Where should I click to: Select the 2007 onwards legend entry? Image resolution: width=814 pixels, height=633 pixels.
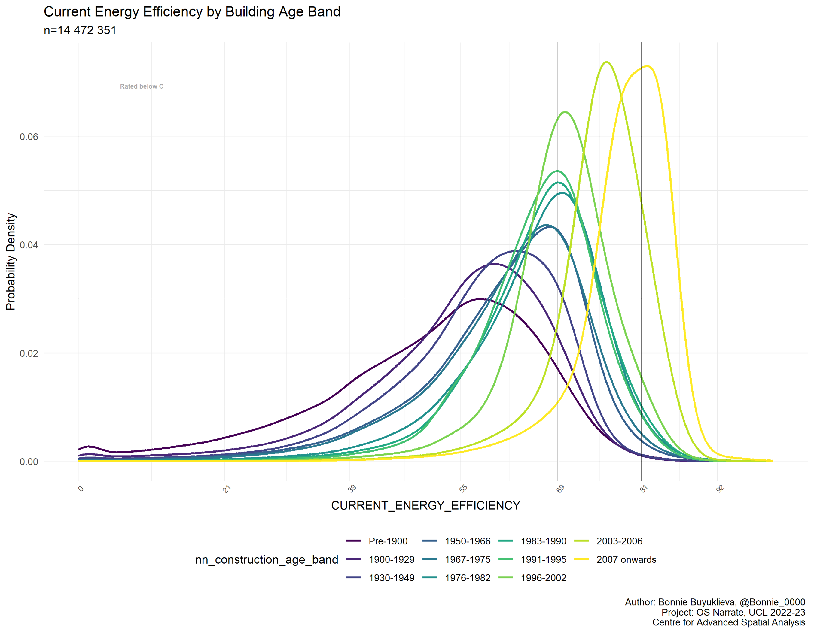[x=626, y=560]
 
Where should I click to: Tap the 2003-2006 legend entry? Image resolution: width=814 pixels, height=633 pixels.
[x=619, y=541]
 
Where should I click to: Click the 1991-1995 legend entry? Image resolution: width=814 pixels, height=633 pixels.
[x=543, y=560]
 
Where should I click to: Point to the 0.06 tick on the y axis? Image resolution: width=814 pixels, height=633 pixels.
[x=29, y=136]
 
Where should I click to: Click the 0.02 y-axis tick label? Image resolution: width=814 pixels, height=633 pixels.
[x=29, y=353]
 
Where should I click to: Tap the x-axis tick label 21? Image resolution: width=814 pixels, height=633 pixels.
[x=226, y=489]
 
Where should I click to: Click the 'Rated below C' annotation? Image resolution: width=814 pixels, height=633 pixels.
[x=142, y=86]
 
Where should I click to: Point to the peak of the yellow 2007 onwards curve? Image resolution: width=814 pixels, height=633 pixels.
[x=648, y=66]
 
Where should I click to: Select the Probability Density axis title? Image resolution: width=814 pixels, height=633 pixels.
[x=11, y=261]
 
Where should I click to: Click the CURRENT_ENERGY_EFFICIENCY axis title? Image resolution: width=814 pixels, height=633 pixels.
[x=425, y=506]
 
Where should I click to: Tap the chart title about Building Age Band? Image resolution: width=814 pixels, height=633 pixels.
[x=192, y=12]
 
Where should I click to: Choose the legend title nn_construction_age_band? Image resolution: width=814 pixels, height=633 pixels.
[x=267, y=560]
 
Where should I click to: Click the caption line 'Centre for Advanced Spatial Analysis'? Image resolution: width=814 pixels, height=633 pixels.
[x=728, y=622]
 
